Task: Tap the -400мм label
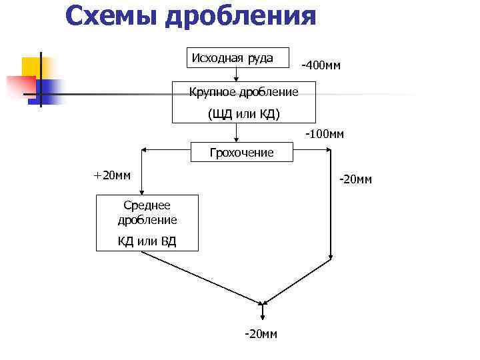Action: tap(321, 65)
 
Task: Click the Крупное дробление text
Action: tap(243, 91)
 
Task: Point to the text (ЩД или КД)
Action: tap(243, 113)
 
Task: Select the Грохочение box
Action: tap(241, 153)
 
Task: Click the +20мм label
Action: tap(112, 175)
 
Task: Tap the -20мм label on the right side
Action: tap(355, 179)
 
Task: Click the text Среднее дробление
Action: tap(147, 213)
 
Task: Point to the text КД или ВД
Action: tap(147, 241)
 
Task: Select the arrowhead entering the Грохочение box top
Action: tap(237, 139)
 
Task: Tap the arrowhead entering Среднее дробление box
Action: tap(142, 191)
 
